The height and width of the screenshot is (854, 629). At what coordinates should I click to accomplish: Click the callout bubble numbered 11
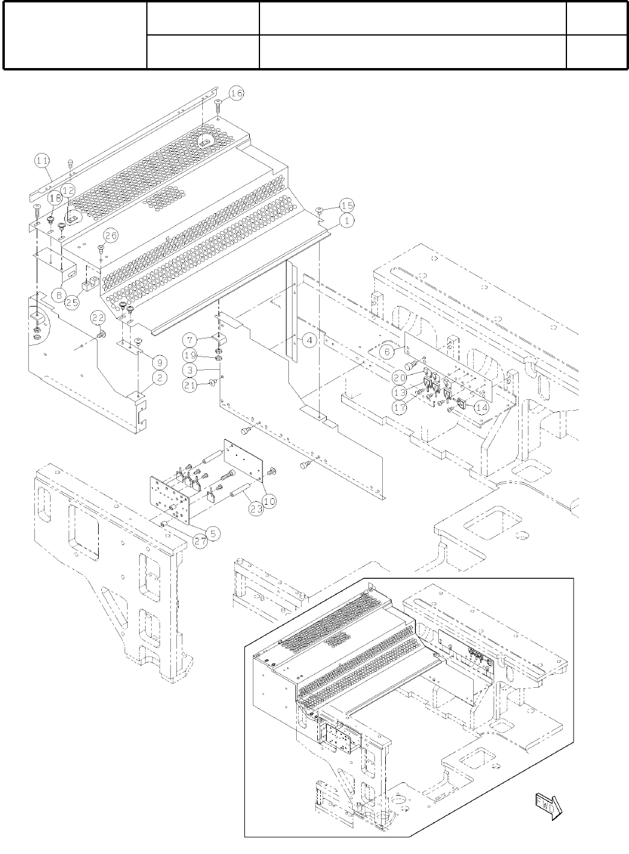pyautogui.click(x=42, y=160)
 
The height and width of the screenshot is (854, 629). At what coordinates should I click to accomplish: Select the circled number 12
pyautogui.click(x=68, y=190)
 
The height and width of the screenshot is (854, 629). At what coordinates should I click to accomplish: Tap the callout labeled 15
pyautogui.click(x=346, y=205)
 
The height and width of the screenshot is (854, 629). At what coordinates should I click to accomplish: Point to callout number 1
pyautogui.click(x=346, y=221)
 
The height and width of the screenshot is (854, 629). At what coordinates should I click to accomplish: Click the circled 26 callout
pyautogui.click(x=110, y=234)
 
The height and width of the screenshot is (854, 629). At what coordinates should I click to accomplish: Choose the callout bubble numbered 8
pyautogui.click(x=58, y=295)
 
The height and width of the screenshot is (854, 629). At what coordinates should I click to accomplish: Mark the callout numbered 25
pyautogui.click(x=72, y=302)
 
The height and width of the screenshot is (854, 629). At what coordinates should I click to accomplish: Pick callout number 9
pyautogui.click(x=159, y=362)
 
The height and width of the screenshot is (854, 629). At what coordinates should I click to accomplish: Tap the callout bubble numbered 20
pyautogui.click(x=399, y=377)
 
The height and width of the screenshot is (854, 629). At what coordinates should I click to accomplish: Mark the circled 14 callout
pyautogui.click(x=481, y=407)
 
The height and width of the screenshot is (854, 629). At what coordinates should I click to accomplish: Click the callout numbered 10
pyautogui.click(x=268, y=500)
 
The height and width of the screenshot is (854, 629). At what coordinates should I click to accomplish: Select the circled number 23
pyautogui.click(x=256, y=508)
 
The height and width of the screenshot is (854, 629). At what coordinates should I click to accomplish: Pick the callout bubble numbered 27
pyautogui.click(x=200, y=540)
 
